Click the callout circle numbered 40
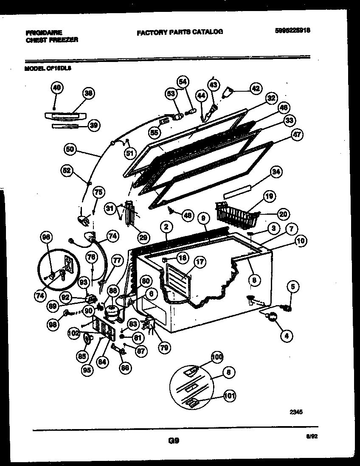pyautogui.click(x=56, y=88)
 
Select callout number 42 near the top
pyautogui.click(x=255, y=88)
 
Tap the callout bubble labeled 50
pyautogui.click(x=70, y=149)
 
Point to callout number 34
pyautogui.click(x=276, y=172)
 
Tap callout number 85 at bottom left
pyautogui.click(x=82, y=356)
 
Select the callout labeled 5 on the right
pyautogui.click(x=292, y=286)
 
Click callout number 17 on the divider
pyautogui.click(x=200, y=262)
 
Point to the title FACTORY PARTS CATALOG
pyautogui.click(x=180, y=32)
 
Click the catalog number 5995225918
pyautogui.click(x=292, y=31)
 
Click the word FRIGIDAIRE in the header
pyautogui.click(x=43, y=32)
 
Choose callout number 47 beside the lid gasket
pyautogui.click(x=296, y=135)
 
